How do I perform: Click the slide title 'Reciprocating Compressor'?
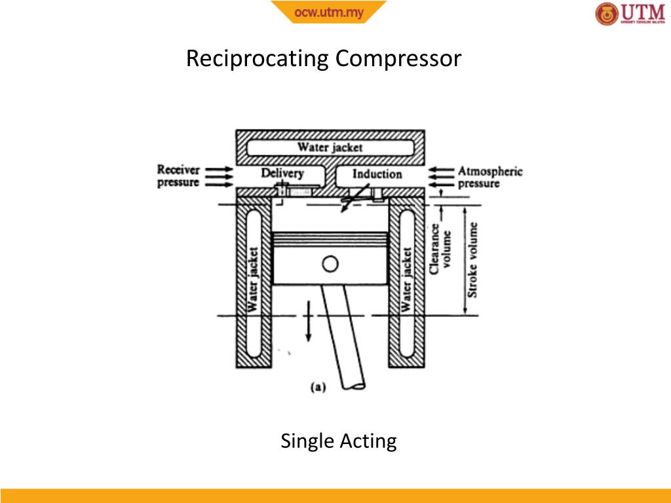324,59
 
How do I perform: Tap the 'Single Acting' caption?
338,441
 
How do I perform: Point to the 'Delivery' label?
282,174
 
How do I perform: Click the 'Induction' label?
377,174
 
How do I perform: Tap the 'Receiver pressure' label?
178,176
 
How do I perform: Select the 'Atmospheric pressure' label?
489,177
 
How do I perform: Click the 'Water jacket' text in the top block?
330,147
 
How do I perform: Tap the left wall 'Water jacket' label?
254,278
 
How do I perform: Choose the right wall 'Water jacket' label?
408,278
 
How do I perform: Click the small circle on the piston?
330,264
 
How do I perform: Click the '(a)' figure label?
317,387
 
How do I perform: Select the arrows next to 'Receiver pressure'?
220,176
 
